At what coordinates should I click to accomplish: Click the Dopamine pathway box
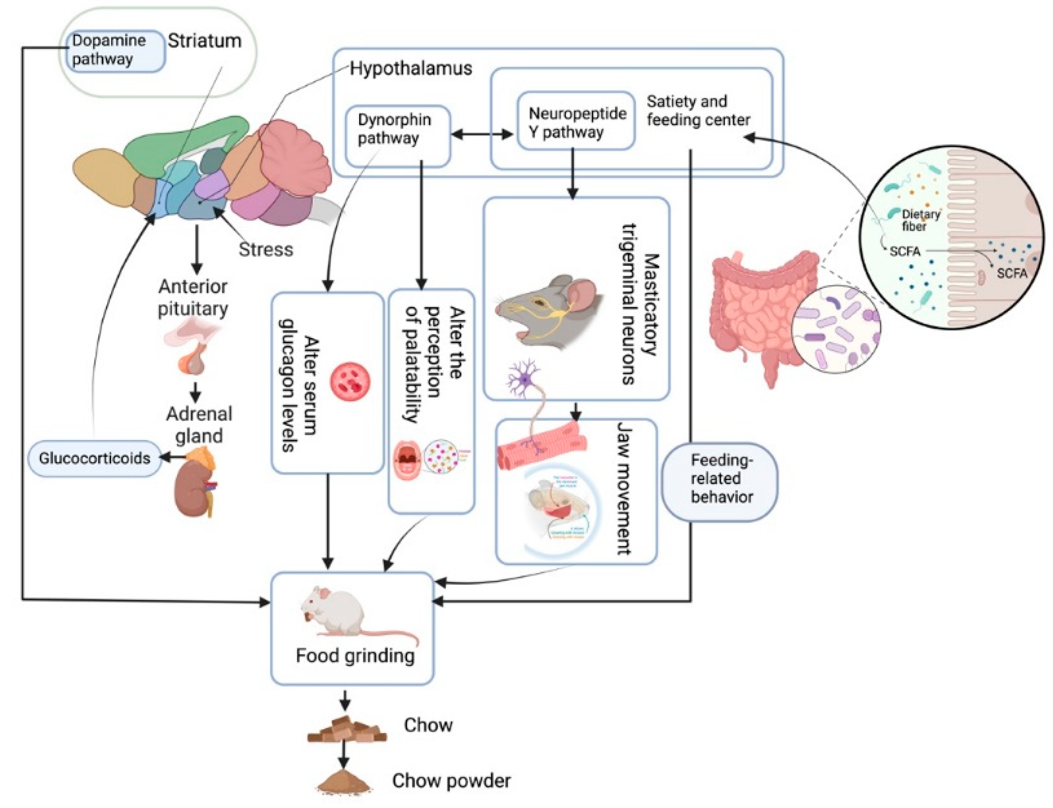(x=115, y=51)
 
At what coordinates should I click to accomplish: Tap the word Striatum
(x=205, y=41)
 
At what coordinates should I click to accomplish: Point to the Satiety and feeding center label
(x=698, y=111)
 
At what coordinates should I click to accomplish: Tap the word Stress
(x=266, y=249)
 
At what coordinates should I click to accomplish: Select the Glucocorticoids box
(x=95, y=458)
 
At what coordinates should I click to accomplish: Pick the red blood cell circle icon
(x=350, y=382)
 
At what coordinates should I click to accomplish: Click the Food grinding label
(x=355, y=656)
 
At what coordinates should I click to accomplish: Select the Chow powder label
(x=451, y=780)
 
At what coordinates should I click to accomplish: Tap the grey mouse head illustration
(x=548, y=310)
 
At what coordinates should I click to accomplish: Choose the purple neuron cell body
(x=527, y=379)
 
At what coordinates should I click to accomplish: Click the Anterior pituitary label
(x=193, y=297)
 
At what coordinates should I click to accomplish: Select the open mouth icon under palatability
(x=407, y=460)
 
